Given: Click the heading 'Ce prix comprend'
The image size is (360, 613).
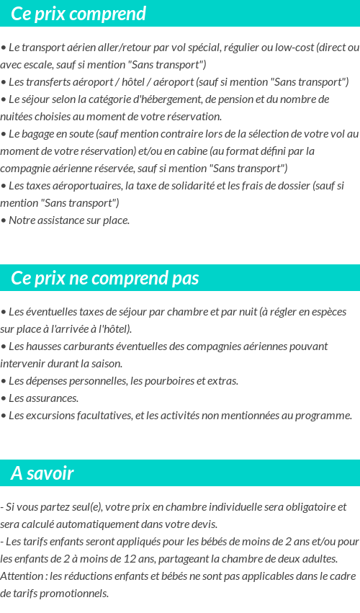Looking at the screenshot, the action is click(78, 14).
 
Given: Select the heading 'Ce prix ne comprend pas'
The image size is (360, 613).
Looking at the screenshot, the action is click(105, 278).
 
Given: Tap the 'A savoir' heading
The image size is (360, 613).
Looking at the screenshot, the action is click(42, 473).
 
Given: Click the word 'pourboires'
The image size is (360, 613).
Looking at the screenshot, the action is click(174, 381).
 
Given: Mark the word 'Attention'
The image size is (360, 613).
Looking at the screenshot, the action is click(22, 576).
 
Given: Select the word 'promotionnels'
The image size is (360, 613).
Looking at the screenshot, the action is click(75, 594).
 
